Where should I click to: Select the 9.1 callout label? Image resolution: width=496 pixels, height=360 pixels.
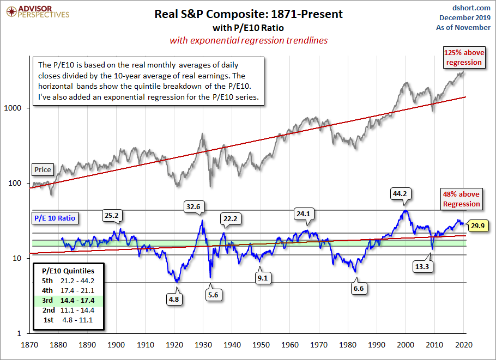point(262,278)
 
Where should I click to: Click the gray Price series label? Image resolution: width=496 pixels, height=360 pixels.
point(43,169)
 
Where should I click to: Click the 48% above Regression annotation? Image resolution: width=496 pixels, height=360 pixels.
point(461,199)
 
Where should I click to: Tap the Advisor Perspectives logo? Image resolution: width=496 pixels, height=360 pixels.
point(37,12)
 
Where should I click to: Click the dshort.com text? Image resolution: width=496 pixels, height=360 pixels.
point(472,7)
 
